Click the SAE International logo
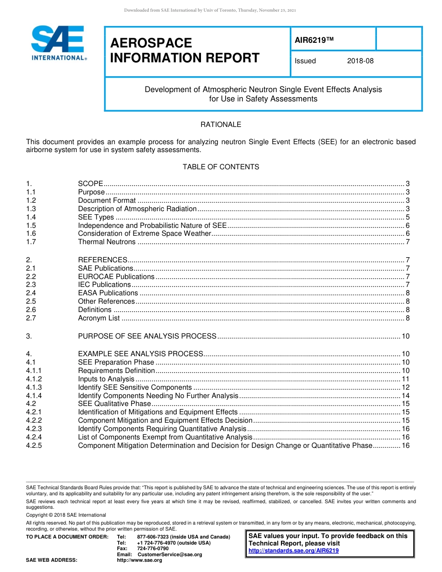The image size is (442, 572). [x=58, y=43]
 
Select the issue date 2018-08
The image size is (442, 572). [x=360, y=61]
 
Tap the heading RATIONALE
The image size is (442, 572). [x=221, y=125]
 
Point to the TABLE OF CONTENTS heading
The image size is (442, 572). [x=221, y=167]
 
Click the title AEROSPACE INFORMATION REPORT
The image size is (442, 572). [x=185, y=51]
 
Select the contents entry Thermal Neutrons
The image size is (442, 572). [x=107, y=242]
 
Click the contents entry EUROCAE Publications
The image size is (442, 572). [x=116, y=277]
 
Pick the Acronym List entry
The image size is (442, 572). [x=99, y=318]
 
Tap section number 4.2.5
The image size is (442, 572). [x=34, y=446]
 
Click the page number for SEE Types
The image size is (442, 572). [x=408, y=217]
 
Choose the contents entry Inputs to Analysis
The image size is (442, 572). [x=106, y=379]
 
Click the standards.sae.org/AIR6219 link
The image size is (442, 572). [x=294, y=551]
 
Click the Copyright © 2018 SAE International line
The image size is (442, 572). [x=66, y=515]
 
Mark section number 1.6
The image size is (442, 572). [x=31, y=233]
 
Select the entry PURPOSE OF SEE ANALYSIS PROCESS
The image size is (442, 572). [x=147, y=336]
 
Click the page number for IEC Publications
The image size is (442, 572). [x=408, y=285]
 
